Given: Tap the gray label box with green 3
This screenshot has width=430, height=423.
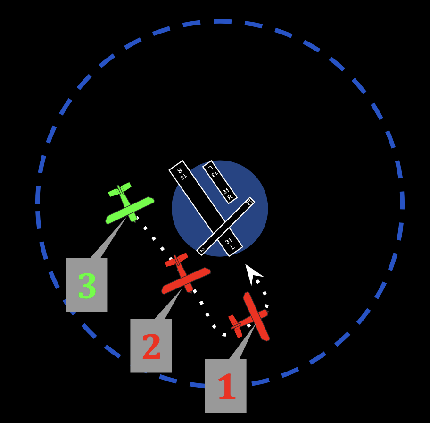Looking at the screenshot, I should (x=86, y=285).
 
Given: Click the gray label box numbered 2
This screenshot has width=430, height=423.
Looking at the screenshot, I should (x=151, y=346).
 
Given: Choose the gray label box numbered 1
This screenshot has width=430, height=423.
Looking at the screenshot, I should (x=225, y=385).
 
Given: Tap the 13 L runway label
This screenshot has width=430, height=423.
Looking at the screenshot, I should (x=212, y=171).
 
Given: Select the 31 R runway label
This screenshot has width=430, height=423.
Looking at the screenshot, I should (x=228, y=194).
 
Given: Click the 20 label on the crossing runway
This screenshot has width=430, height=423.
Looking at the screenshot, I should (x=249, y=202).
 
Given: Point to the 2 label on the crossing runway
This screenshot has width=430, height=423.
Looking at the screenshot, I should (x=202, y=249).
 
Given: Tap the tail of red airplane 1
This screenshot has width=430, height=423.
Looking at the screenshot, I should (x=235, y=326).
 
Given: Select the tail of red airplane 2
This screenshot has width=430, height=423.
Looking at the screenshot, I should (x=176, y=260).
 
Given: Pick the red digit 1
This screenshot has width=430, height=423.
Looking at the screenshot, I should (x=226, y=387).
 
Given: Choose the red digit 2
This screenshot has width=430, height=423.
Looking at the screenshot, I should (x=151, y=347).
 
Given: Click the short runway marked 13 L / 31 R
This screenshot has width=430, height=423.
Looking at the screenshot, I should (x=220, y=182).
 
